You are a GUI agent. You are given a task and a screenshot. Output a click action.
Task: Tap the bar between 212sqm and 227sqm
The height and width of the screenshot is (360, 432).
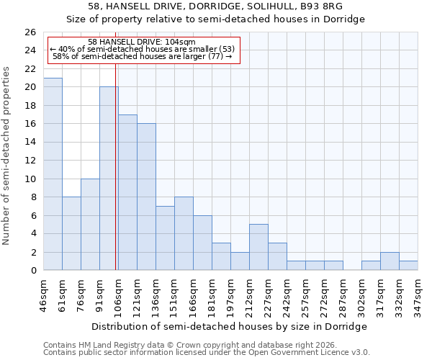point(258,247)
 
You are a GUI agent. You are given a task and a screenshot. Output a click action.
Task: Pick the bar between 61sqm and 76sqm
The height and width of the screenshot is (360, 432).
point(71,233)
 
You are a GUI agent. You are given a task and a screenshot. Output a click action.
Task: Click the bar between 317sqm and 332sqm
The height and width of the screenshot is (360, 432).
point(390,261)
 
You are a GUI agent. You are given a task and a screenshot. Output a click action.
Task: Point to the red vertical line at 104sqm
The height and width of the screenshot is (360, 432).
point(116,166)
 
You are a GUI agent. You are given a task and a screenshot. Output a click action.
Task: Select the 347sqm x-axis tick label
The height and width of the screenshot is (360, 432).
point(418,294)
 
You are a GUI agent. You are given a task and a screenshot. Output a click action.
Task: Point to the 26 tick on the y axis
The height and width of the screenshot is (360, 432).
point(30,32)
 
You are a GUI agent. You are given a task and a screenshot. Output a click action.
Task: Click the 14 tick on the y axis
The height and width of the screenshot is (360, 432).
point(30,142)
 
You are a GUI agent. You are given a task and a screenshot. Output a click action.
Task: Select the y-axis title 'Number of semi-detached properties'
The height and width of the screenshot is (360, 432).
point(7,156)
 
